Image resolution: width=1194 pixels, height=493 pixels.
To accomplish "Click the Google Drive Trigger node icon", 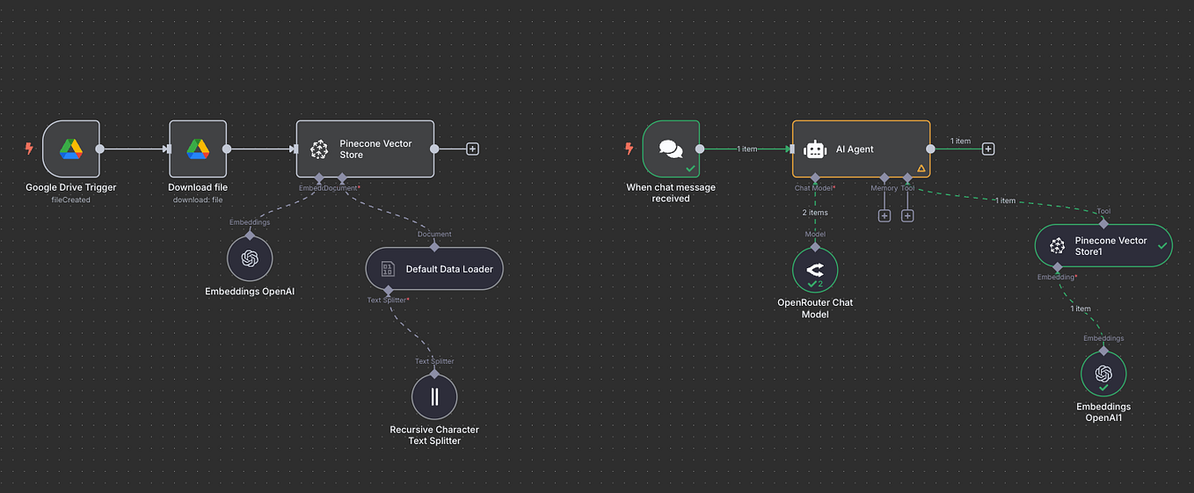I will (71, 149).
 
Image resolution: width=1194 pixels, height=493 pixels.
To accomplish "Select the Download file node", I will (198, 149).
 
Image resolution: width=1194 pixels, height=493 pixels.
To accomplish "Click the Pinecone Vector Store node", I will (365, 149).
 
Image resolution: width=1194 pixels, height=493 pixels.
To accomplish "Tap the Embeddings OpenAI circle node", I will (250, 258).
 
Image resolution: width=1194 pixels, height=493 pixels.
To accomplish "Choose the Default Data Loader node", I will (434, 269).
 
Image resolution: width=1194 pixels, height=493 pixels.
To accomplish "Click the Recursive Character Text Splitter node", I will (434, 396).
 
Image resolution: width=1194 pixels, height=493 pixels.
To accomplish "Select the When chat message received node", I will (671, 149).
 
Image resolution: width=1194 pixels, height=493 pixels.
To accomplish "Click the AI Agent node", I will (861, 149).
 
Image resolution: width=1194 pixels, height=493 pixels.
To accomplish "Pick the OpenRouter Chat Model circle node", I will (815, 270).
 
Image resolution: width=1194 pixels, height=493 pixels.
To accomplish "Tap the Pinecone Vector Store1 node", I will (1103, 246).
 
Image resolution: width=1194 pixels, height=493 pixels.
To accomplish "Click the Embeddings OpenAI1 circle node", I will (1103, 374).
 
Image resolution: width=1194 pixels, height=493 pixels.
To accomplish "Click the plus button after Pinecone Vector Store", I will (472, 149).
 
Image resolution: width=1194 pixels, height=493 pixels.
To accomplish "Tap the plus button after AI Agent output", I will (988, 149).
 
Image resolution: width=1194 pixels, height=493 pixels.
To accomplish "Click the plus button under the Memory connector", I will (885, 215).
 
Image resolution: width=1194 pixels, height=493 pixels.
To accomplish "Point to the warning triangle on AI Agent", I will (921, 168).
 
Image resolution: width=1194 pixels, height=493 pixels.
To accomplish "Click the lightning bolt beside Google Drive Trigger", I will (29, 149).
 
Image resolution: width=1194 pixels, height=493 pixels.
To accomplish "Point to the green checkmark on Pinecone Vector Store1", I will (1162, 246).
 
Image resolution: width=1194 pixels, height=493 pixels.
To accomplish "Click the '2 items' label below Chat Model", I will (814, 213).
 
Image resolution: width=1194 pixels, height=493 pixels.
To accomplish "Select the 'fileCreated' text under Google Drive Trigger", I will (70, 199).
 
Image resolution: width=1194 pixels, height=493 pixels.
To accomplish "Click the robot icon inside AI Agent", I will (815, 149).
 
